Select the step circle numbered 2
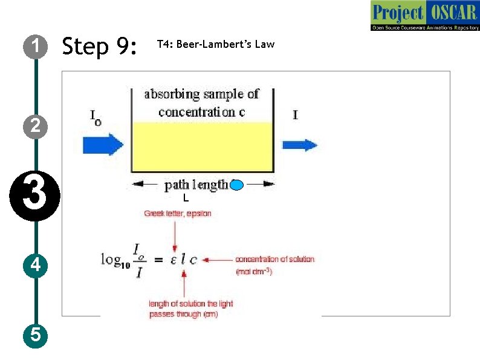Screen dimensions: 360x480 [36, 126]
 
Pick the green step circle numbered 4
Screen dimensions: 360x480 [36, 265]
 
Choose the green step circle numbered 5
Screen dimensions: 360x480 [36, 335]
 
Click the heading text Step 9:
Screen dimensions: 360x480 [100, 46]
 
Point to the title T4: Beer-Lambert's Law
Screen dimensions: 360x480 [215, 44]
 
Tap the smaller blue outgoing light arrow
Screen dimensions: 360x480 [300, 145]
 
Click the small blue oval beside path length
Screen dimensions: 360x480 [236, 185]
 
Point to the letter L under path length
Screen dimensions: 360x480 [186, 198]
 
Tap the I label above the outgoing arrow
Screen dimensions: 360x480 [295, 114]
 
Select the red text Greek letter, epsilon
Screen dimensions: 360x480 [177, 214]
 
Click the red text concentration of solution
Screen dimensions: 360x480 [274, 259]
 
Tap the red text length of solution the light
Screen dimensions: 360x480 [191, 304]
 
